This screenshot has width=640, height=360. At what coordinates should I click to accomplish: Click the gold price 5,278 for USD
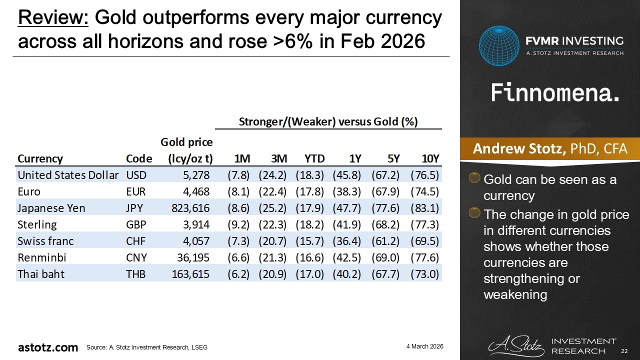click(196, 175)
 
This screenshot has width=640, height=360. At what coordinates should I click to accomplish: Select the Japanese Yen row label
click(51, 208)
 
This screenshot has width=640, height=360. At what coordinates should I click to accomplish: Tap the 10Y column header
click(430, 158)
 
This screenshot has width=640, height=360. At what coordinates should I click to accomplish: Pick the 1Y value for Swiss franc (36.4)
click(346, 241)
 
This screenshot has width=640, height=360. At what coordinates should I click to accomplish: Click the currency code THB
click(135, 274)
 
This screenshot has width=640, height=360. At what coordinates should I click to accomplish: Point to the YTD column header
click(314, 158)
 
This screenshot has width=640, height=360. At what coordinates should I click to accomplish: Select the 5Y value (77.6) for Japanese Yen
click(385, 208)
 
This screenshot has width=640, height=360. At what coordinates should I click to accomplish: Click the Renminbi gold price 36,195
click(193, 257)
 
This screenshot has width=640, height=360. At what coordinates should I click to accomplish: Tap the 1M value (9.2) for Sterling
click(238, 224)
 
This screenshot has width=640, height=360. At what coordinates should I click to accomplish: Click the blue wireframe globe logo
click(499, 45)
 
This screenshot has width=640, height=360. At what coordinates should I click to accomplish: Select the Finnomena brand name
click(555, 93)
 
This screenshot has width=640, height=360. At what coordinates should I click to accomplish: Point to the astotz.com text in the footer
click(48, 347)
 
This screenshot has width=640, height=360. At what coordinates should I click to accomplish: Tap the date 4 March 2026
click(425, 346)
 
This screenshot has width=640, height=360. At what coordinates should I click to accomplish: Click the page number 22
click(624, 351)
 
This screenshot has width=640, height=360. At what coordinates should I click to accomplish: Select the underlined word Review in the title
click(53, 17)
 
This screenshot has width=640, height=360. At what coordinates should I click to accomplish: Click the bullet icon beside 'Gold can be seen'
click(474, 177)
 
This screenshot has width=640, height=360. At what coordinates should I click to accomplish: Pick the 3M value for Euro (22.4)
click(272, 191)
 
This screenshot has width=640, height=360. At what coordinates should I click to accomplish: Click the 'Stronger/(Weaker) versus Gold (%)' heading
click(328, 121)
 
